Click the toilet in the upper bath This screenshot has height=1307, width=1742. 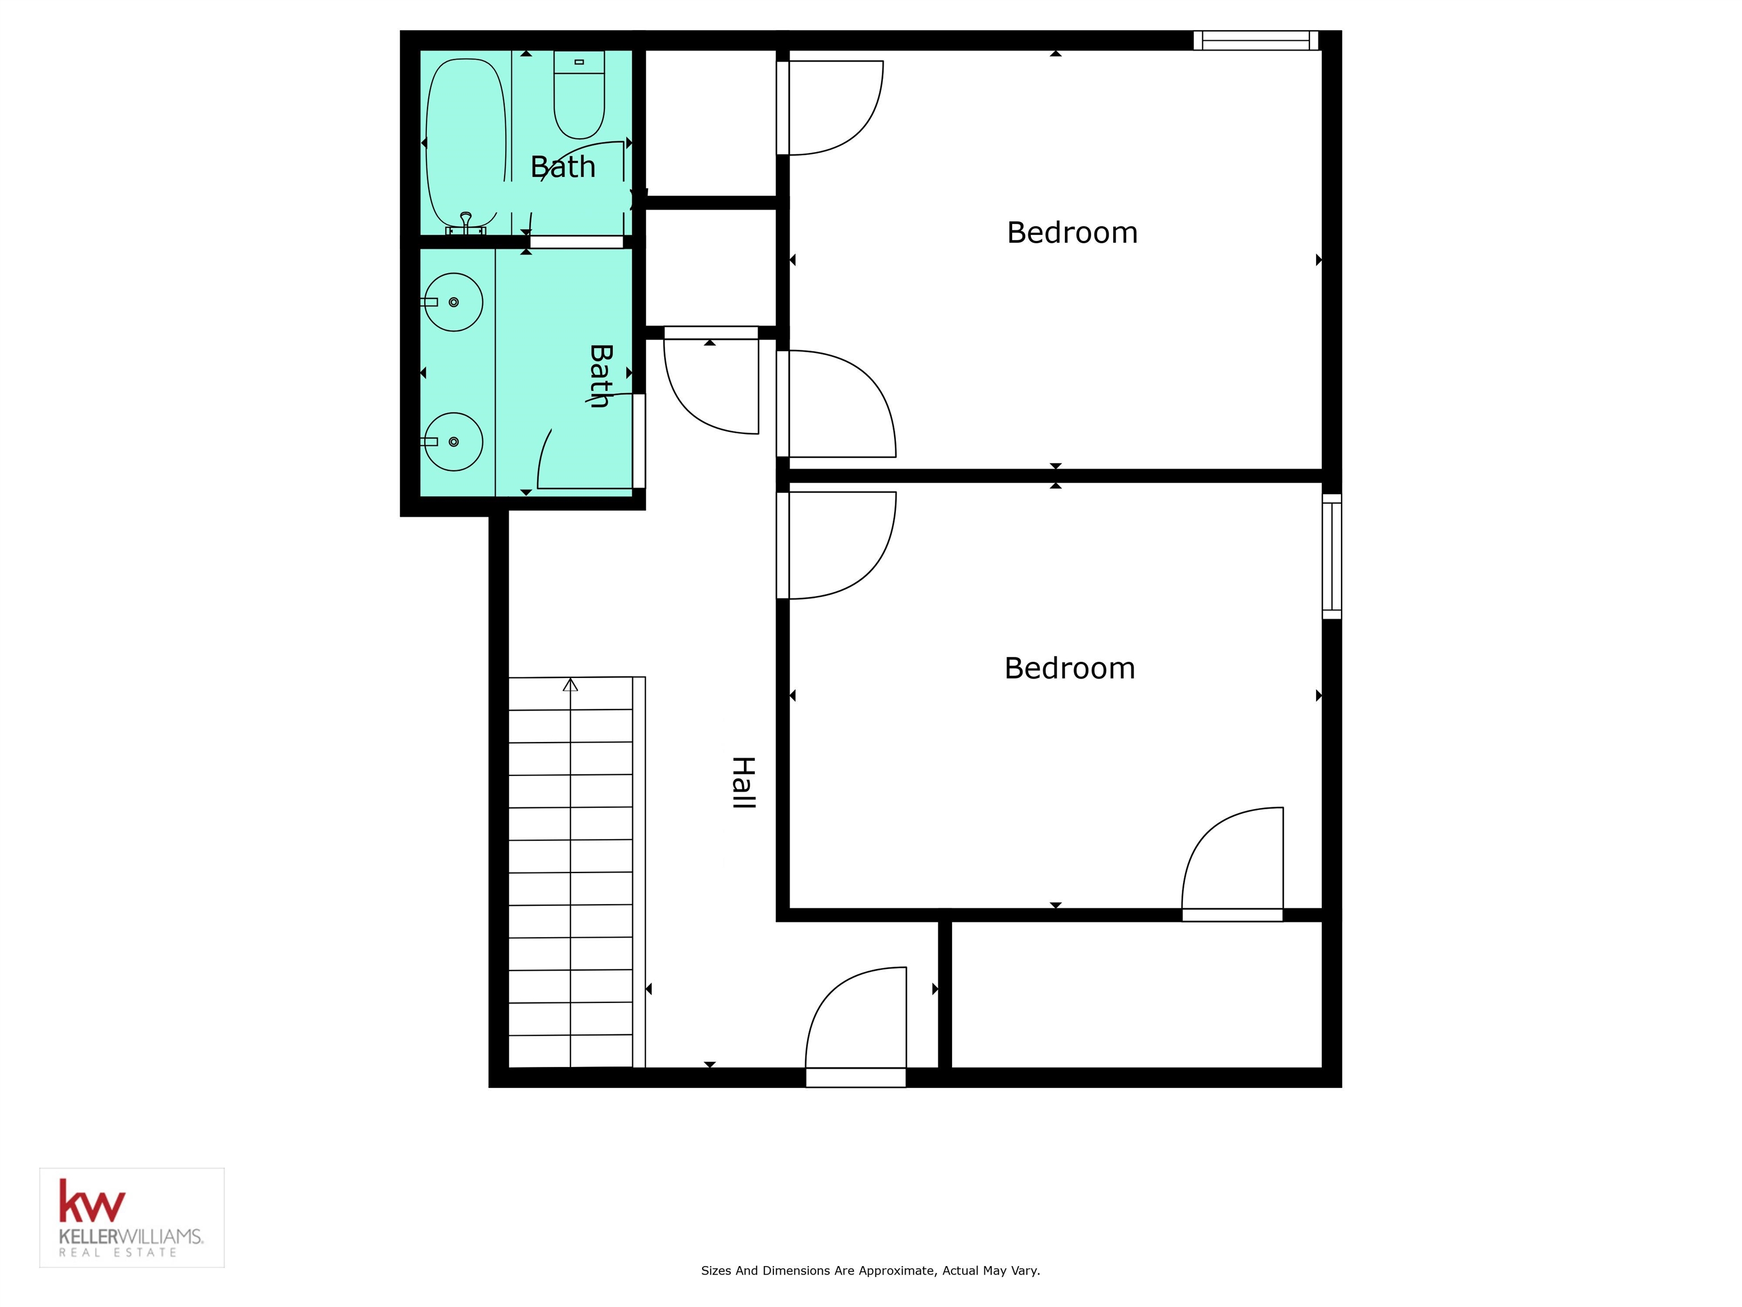pyautogui.click(x=579, y=99)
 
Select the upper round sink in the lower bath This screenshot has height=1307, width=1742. pyautogui.click(x=454, y=302)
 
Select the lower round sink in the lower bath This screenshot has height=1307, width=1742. pyautogui.click(x=454, y=441)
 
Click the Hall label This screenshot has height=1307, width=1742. pyautogui.click(x=743, y=782)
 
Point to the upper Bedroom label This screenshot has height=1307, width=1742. pyautogui.click(x=1072, y=233)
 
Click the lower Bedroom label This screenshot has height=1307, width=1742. pyautogui.click(x=1069, y=668)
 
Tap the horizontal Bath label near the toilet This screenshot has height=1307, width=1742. pyautogui.click(x=563, y=167)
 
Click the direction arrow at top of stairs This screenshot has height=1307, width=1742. pyautogui.click(x=570, y=685)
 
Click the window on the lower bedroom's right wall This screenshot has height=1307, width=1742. pyautogui.click(x=1331, y=556)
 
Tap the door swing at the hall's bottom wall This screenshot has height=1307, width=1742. pyautogui.click(x=856, y=1024)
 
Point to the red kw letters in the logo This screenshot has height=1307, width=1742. pyautogui.click(x=91, y=1201)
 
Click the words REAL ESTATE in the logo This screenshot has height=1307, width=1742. pyautogui.click(x=117, y=1253)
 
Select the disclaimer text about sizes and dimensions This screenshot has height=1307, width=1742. pyautogui.click(x=870, y=1270)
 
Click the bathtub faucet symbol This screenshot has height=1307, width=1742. pyautogui.click(x=466, y=221)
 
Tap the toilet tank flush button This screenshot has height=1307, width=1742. pyautogui.click(x=579, y=61)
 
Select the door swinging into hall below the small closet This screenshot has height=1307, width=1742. pyautogui.click(x=711, y=386)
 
